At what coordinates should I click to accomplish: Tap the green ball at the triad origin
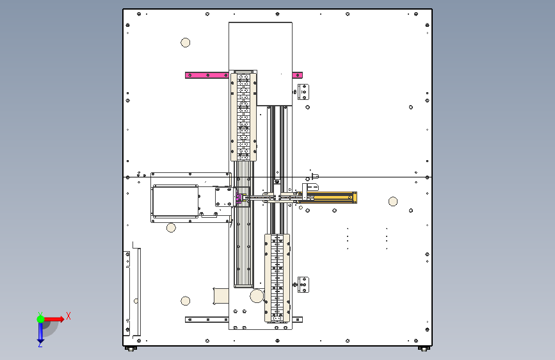[x=40, y=319]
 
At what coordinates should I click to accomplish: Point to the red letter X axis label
[x=68, y=316]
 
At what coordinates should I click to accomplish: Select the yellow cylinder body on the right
[x=327, y=197]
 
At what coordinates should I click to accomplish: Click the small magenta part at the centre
[x=239, y=198]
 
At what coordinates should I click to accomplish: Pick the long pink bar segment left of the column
[x=207, y=75]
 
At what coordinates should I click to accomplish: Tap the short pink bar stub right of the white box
[x=297, y=75]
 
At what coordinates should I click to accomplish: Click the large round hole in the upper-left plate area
[x=186, y=42]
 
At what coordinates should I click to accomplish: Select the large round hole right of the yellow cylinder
[x=393, y=202]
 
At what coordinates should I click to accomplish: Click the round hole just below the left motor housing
[x=171, y=227]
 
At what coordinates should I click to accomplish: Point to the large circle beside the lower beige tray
[x=257, y=296]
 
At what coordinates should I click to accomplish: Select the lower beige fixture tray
[x=278, y=278]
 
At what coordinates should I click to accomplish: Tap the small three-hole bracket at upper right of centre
[x=303, y=92]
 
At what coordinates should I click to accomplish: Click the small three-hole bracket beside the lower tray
[x=303, y=285]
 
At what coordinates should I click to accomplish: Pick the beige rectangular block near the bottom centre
[x=221, y=296]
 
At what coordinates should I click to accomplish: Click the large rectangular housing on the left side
[x=175, y=201]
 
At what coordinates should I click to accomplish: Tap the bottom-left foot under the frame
[x=131, y=348]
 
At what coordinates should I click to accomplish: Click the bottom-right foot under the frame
[x=424, y=348]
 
